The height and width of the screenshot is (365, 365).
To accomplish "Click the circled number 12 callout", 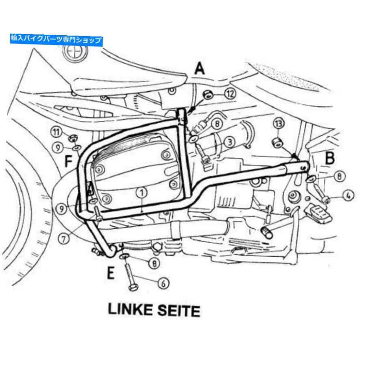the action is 230,94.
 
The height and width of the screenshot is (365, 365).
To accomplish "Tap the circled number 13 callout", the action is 279,124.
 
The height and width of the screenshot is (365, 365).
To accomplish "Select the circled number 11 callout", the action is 56,132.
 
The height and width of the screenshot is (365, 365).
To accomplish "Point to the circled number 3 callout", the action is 230,142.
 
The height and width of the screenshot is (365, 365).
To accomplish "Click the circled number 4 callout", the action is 348,195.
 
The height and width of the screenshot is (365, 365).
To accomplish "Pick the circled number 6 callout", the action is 163,283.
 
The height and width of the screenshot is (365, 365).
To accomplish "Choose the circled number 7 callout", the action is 64,238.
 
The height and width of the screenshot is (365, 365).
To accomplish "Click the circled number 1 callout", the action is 142,193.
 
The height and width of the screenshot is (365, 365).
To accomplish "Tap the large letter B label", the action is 330,158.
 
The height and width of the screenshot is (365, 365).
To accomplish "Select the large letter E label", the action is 111,273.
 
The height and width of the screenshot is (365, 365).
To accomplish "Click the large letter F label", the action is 68,161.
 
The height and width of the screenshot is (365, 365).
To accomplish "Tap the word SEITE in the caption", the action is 179,311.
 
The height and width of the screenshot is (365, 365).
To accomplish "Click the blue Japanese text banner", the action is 56,39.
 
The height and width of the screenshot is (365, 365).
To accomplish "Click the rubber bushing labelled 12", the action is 208,95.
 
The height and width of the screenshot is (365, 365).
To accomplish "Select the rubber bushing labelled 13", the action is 277,142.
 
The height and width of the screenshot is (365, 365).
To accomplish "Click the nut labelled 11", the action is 73,139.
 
